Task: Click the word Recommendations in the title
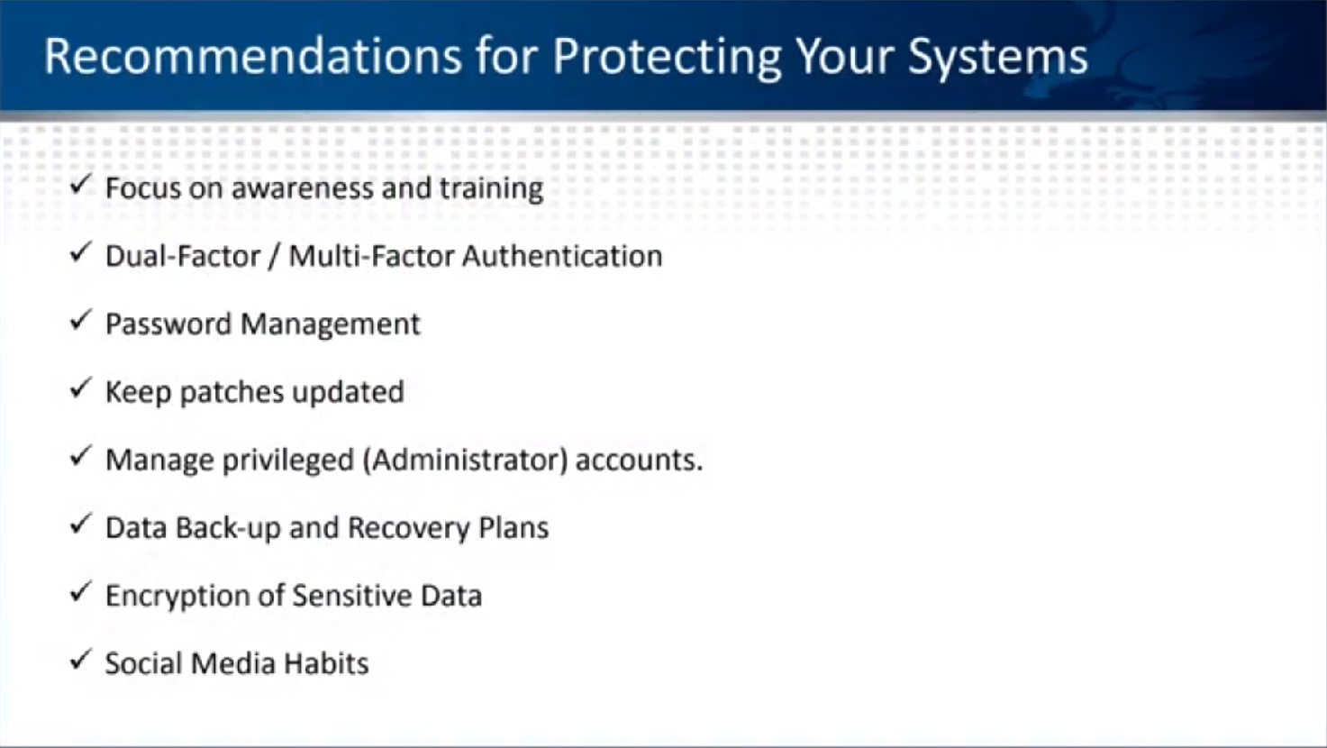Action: [252, 56]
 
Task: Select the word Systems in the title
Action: [998, 58]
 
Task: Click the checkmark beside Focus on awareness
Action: [80, 185]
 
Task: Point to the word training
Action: [491, 189]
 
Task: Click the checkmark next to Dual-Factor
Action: [80, 252]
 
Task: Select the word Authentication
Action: [562, 256]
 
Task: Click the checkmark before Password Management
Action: [80, 320]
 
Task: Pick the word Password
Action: [168, 324]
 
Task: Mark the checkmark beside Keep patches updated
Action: [80, 388]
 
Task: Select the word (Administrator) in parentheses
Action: [465, 460]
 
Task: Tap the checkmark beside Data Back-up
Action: [80, 524]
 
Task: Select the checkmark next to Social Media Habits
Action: [80, 659]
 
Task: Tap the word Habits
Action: [326, 663]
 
